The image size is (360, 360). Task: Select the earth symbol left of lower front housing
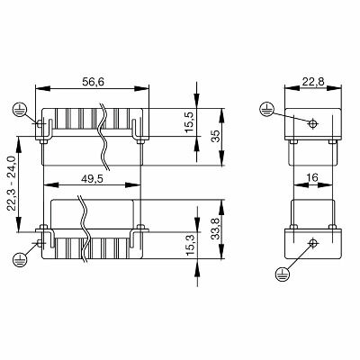[18, 259]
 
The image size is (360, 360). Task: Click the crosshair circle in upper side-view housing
[312, 123]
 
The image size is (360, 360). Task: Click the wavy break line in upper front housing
[106, 135]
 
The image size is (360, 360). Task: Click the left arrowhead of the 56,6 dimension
[40, 88]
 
